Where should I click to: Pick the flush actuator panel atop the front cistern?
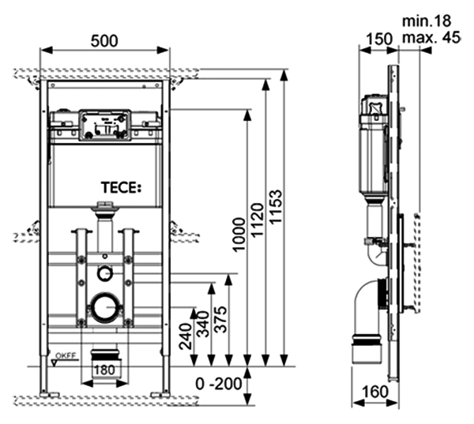pyautogui.click(x=104, y=124)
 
